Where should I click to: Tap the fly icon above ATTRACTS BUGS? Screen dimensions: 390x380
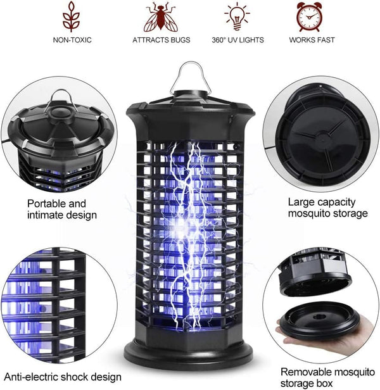click(x=159, y=16)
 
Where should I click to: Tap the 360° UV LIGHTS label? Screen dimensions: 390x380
click(x=237, y=40)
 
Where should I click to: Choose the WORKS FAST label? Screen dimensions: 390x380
click(x=312, y=40)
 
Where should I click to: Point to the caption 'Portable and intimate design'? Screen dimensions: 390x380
click(x=61, y=209)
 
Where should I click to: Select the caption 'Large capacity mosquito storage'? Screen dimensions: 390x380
click(x=327, y=208)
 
